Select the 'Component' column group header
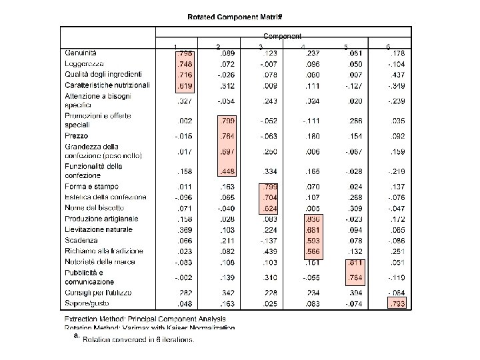282,35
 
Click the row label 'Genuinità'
81,53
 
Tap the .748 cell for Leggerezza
183,63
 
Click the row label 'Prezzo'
76,136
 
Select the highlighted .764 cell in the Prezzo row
226,136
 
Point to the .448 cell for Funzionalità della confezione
226,171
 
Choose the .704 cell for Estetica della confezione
269,197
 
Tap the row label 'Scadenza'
81,240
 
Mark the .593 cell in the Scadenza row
311,240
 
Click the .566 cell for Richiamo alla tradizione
311,251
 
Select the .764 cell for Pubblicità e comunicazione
354,277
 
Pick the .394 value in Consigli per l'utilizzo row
354,293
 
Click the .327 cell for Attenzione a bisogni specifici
183,101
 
